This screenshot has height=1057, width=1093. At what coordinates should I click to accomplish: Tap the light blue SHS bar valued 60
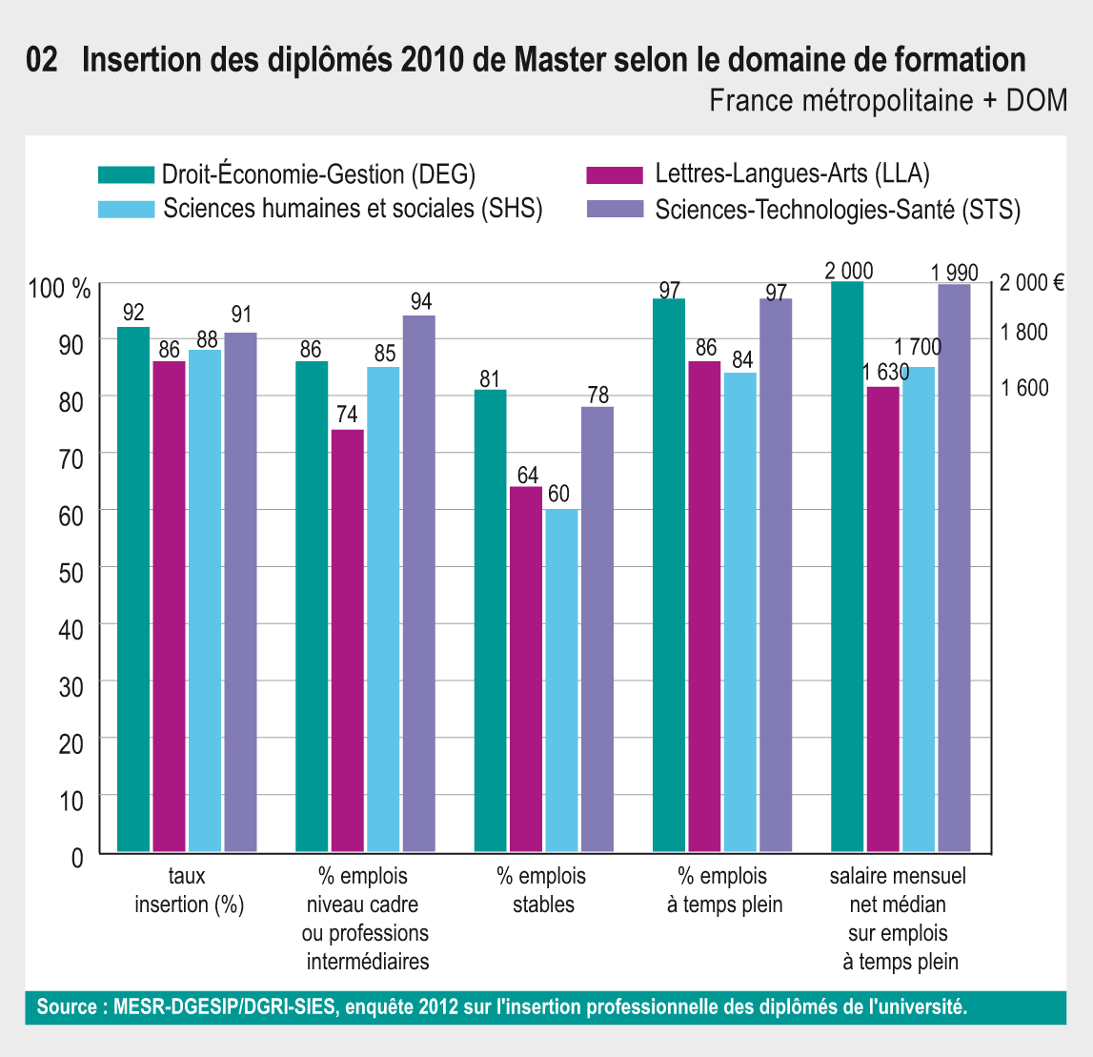(561, 681)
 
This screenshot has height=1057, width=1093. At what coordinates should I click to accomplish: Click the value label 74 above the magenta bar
(347, 415)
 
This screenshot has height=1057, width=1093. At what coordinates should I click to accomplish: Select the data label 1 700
(918, 348)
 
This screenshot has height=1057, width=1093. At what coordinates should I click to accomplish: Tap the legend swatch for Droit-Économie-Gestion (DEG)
(126, 174)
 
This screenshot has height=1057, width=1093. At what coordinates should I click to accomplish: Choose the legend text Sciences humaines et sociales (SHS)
(353, 209)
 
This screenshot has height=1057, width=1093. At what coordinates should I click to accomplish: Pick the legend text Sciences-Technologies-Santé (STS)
(838, 210)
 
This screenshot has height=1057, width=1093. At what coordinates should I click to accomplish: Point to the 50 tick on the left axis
(71, 571)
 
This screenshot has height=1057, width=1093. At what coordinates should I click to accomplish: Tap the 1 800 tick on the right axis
(1022, 332)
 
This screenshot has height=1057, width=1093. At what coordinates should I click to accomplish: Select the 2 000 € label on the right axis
(1031, 282)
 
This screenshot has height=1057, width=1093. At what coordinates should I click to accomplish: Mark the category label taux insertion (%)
(189, 890)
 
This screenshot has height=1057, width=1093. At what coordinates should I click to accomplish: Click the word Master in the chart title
(566, 60)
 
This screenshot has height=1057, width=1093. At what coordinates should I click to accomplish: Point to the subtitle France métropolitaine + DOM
(888, 100)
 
